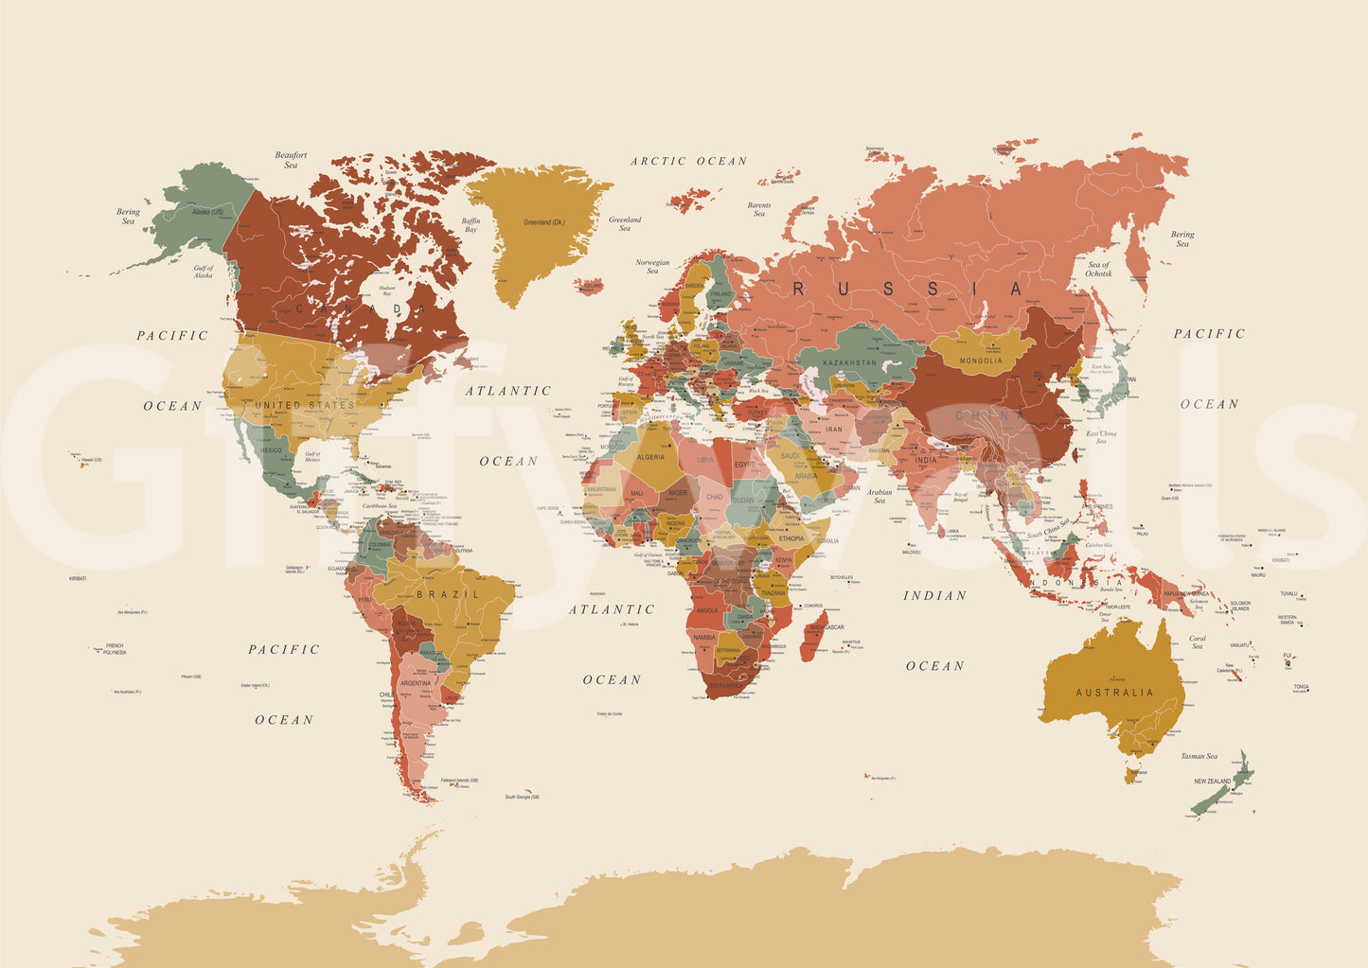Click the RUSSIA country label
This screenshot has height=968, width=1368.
coord(908,289)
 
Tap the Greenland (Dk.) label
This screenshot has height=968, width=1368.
coord(543,222)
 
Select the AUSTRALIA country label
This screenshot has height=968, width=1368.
coord(1114,693)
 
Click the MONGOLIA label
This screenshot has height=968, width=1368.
coord(981,361)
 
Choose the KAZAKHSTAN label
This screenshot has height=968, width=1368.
coord(849,362)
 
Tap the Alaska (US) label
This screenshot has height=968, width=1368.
coord(207,212)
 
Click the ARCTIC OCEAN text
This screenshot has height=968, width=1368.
coord(689,161)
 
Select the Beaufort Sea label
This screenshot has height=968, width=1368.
coord(291,160)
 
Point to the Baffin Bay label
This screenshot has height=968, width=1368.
coord(471,225)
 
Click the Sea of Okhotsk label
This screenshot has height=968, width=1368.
coord(1099,269)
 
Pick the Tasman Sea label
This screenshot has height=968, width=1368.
coord(1199,756)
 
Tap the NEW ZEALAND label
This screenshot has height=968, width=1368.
coord(1212,782)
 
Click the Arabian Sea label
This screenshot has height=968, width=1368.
coord(879,496)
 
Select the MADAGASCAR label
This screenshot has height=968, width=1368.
coord(826,627)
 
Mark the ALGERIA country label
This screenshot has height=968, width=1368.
coord(650,457)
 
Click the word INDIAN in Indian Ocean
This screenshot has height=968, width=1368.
coord(934,595)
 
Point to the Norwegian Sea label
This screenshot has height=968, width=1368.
coord(652,266)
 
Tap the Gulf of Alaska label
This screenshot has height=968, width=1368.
coord(204,272)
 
